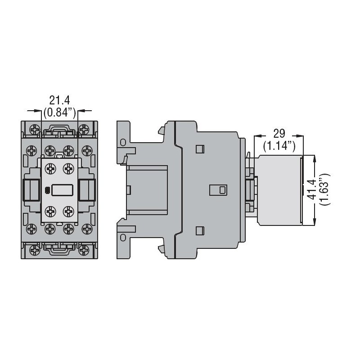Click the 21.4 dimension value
(x=59, y=100)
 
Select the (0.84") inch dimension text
(x=59, y=112)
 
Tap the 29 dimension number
(x=279, y=134)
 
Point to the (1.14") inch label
(x=279, y=145)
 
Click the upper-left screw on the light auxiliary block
(x=50, y=168)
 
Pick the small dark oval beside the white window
(x=48, y=190)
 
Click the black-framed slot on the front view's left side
(x=30, y=189)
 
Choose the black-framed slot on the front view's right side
(x=87, y=189)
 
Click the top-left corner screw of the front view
(x=35, y=130)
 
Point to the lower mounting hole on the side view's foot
(x=122, y=237)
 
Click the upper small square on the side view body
(x=200, y=148)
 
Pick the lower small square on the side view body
(x=200, y=231)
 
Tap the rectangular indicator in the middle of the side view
(x=218, y=189)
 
